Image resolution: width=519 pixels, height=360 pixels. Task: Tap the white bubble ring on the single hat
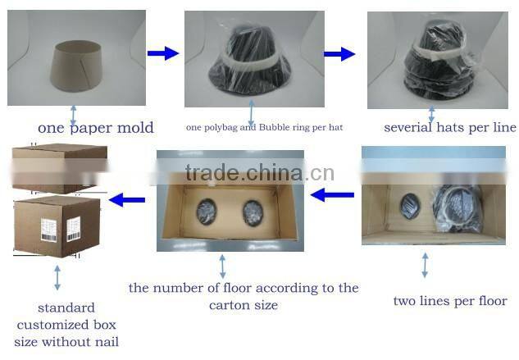tap(252, 61)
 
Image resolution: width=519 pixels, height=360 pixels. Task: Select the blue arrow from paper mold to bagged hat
tap(163, 53)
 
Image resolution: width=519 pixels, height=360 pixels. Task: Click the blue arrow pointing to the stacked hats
tap(339, 53)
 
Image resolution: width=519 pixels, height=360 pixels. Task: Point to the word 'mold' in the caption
tap(136, 127)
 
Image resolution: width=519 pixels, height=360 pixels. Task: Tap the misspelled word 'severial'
tap(407, 127)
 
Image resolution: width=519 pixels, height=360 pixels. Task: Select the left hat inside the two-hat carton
tap(207, 212)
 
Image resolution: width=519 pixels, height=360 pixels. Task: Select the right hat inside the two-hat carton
tap(253, 212)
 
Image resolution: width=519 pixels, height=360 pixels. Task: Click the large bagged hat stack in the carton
tap(458, 209)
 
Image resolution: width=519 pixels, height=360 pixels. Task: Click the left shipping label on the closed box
tap(48, 230)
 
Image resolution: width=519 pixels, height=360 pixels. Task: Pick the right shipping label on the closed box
tap(74, 229)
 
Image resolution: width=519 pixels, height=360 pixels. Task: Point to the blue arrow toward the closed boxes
tap(127, 200)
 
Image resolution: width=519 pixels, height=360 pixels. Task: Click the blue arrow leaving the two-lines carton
tap(332, 194)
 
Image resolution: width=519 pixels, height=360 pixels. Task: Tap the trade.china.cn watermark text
tap(260, 172)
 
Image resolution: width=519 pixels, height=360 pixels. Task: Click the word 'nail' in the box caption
tap(107, 341)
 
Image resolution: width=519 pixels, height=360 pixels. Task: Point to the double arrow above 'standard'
tap(57, 277)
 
